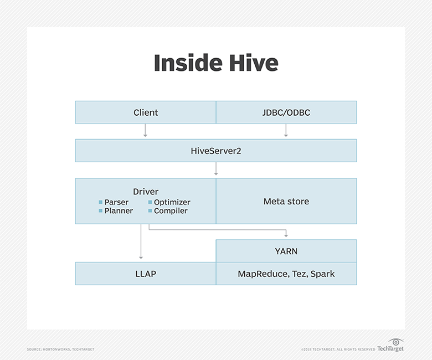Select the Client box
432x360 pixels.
pyautogui.click(x=146, y=112)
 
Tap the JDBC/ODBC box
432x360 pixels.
pyautogui.click(x=286, y=112)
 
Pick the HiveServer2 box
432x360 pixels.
pyautogui.click(x=216, y=150)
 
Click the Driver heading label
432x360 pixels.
pyautogui.click(x=146, y=192)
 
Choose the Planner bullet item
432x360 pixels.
pyautogui.click(x=119, y=211)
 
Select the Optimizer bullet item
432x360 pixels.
pyautogui.click(x=172, y=202)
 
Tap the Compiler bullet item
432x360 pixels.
pyautogui.click(x=171, y=211)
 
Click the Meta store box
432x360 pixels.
pyautogui.click(x=286, y=201)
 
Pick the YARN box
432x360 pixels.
pyautogui.click(x=286, y=251)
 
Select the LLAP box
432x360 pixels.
pyautogui.click(x=146, y=274)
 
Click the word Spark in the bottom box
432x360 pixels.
pyautogui.click(x=322, y=274)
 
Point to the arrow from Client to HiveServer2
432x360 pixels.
pyautogui.click(x=146, y=131)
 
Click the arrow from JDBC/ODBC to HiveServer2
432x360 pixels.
pyautogui.click(x=286, y=131)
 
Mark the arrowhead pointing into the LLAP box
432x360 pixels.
pyautogui.click(x=141, y=257)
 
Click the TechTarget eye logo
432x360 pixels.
pyautogui.click(x=395, y=342)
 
